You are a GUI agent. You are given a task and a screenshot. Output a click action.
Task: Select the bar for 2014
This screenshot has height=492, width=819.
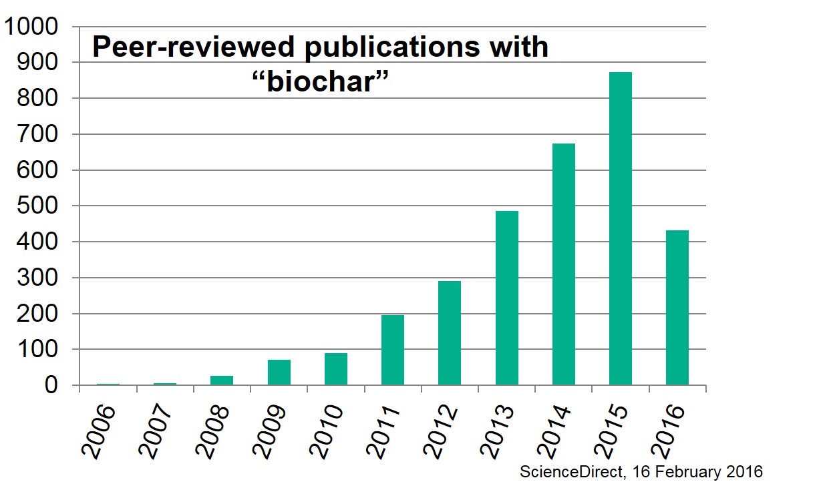point(564,264)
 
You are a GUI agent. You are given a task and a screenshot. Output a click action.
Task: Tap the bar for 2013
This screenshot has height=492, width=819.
point(507,298)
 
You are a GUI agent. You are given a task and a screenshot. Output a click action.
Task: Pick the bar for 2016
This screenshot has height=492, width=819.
point(677,308)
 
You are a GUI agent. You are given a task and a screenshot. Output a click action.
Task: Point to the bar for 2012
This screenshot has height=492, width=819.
point(450,333)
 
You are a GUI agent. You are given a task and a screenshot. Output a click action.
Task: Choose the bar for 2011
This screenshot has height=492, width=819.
point(393,350)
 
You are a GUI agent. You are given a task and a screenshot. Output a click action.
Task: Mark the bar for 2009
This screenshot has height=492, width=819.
point(279,373)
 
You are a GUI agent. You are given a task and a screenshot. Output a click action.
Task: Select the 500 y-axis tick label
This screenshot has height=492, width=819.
point(39,206)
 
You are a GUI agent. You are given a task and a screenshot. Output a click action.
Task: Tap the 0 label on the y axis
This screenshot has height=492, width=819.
point(57,386)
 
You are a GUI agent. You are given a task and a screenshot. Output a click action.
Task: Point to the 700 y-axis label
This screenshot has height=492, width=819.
point(39,134)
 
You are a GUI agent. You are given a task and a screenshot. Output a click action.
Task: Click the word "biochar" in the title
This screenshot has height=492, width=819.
point(319,83)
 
